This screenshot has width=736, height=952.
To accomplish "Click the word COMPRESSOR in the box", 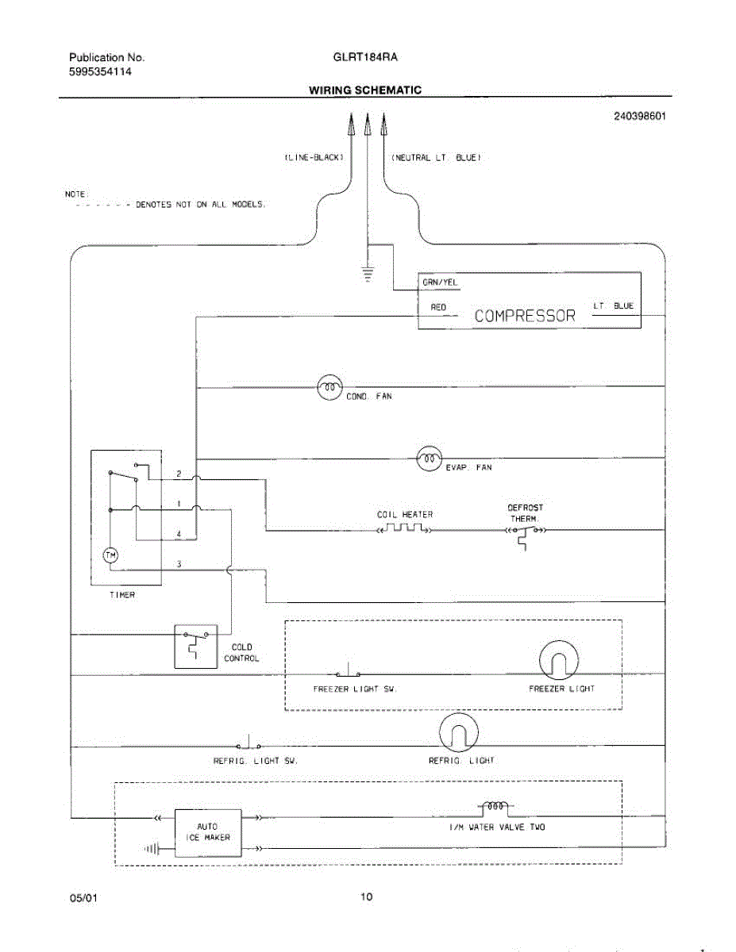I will [x=524, y=316].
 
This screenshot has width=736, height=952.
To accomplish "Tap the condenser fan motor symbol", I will [x=329, y=387].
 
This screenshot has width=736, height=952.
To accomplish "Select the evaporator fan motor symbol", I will [x=429, y=458].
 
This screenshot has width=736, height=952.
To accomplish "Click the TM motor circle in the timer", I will [x=111, y=555].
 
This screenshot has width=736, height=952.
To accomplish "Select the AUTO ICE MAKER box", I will [x=208, y=832].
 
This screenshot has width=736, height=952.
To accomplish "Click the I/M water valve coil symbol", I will [x=496, y=807].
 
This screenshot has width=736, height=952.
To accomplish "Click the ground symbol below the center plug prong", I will [x=367, y=274].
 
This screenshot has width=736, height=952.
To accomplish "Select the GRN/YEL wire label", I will [x=439, y=283].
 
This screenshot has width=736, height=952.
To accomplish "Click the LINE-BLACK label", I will [x=314, y=158].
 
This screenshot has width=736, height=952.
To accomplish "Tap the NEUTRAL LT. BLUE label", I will [x=436, y=158].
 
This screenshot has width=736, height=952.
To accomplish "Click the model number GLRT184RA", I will [x=366, y=58].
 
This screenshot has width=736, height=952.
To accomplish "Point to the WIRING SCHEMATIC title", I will [x=365, y=90].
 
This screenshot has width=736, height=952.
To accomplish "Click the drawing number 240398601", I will [x=639, y=116].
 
